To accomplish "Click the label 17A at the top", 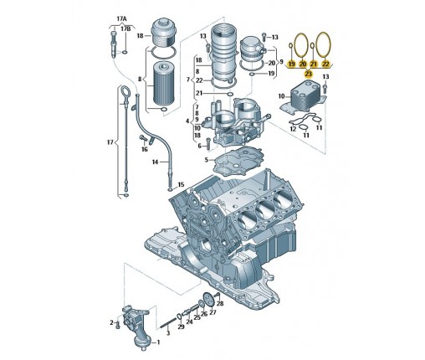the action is coord(121,19).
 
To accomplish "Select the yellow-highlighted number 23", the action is coord(308,74).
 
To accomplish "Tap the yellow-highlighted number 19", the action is coord(292,64).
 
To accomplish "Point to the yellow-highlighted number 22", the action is coord(325,64).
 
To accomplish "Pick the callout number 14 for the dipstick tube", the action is coord(156,162).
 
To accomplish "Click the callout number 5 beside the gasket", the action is coord(207,160).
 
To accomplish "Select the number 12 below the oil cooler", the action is coord(293,129).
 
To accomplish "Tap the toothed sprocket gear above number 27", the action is coord(207,298).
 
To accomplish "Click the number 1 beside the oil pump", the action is coord(158,342).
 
